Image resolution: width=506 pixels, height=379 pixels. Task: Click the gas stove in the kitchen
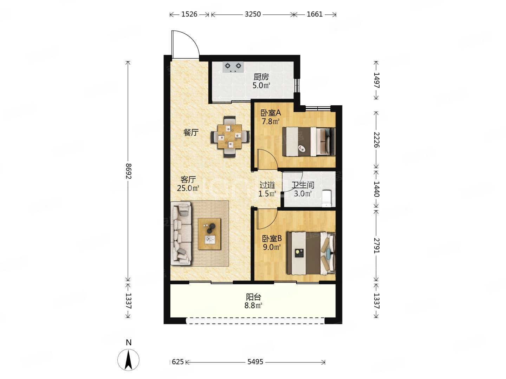[233, 67]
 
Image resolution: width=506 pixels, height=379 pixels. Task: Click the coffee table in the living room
[209, 234]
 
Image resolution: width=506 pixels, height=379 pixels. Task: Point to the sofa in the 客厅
[181, 234]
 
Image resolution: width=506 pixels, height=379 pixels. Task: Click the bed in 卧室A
[309, 141]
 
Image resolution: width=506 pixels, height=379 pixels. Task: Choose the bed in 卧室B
[311, 253]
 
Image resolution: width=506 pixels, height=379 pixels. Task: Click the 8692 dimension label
[128, 171]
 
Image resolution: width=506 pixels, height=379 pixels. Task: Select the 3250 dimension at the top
[253, 14]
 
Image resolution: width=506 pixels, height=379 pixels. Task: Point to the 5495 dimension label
[255, 362]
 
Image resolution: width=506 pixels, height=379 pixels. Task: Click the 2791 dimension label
[376, 246]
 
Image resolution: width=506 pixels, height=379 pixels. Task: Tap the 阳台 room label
[253, 297]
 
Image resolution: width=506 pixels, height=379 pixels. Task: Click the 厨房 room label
[261, 77]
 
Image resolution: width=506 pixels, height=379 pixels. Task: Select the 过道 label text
[267, 185]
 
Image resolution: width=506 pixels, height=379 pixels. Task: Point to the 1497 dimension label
[376, 80]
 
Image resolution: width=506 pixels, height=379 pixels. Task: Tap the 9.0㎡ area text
[272, 247]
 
